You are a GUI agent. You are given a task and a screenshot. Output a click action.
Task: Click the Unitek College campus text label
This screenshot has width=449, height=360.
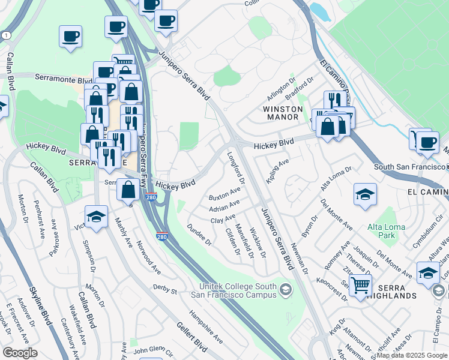coord(238,290)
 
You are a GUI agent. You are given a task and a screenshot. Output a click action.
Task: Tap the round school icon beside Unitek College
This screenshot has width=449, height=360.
coord(286,290)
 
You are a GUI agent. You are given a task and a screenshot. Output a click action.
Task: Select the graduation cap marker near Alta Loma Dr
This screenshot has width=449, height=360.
coord(365,194)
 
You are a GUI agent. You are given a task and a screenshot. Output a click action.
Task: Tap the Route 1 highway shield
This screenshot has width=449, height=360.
coord(6,36)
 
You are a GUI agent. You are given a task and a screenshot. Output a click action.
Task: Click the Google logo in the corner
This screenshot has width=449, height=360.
coord(20,352)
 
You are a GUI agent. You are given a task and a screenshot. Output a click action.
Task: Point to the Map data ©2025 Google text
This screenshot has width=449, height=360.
coord(412,356)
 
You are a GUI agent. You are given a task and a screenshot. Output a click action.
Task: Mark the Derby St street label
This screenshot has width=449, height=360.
coord(165,291)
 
